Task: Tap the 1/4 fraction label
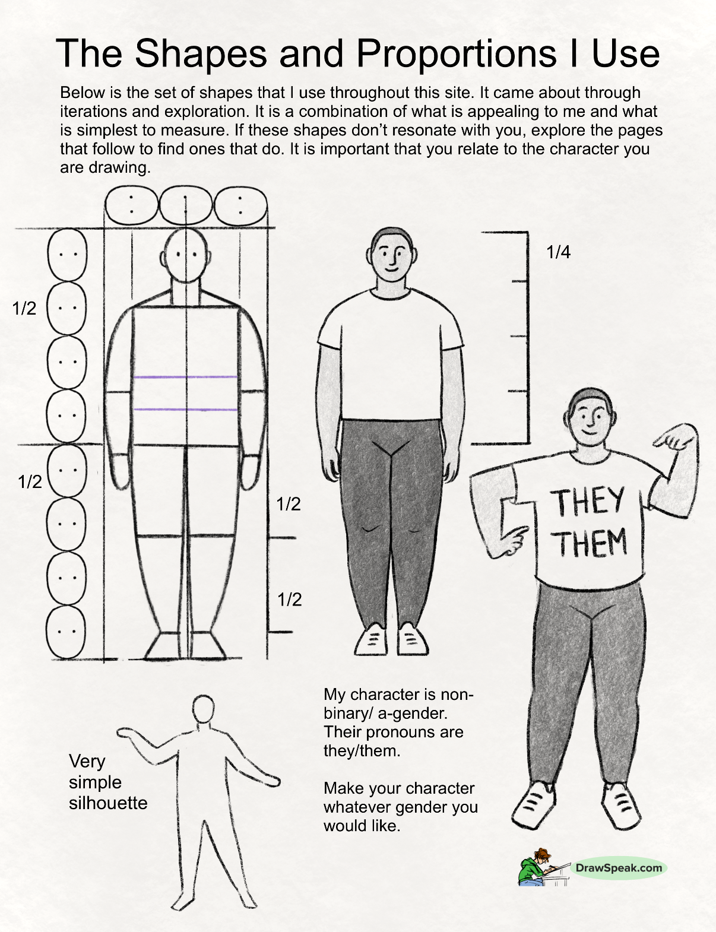pyautogui.click(x=558, y=253)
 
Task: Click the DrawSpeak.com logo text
pyautogui.click(x=619, y=868)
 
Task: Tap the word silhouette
pyautogui.click(x=108, y=803)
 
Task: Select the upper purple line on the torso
pyautogui.click(x=186, y=378)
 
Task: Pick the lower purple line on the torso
pyautogui.click(x=186, y=410)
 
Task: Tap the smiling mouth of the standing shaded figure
pyautogui.click(x=391, y=270)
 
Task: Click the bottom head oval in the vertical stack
pyautogui.click(x=66, y=632)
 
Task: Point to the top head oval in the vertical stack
pyautogui.click(x=67, y=255)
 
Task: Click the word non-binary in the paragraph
pyautogui.click(x=399, y=704)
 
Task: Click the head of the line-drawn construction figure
pyautogui.click(x=186, y=256)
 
